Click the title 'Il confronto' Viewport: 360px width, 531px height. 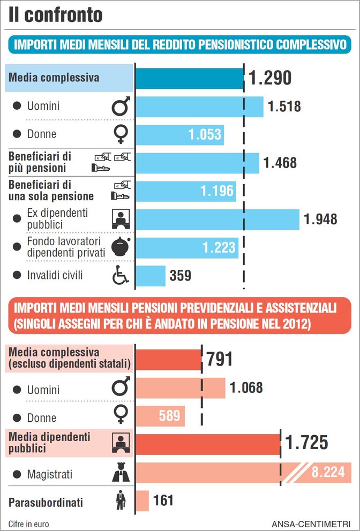coord(55,14)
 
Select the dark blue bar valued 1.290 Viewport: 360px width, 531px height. coord(189,78)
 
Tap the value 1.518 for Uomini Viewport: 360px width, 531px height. coord(284,107)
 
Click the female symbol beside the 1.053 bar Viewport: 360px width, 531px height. coord(120,134)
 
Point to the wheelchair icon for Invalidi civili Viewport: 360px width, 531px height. coord(120,276)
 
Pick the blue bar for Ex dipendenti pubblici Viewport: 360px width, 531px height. coord(217,219)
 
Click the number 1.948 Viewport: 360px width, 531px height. coord(320,219)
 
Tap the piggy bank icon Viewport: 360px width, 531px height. coord(120,247)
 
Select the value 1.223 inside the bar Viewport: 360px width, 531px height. coord(219,247)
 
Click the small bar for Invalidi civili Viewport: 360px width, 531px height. coord(150,276)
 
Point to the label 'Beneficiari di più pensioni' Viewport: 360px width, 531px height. coord(40,162)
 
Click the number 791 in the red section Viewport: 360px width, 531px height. coord(220,359)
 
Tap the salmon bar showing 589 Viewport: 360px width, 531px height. coord(160,416)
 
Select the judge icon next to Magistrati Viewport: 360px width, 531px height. coord(120,474)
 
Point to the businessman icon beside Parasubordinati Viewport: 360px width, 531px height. coord(120,501)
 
